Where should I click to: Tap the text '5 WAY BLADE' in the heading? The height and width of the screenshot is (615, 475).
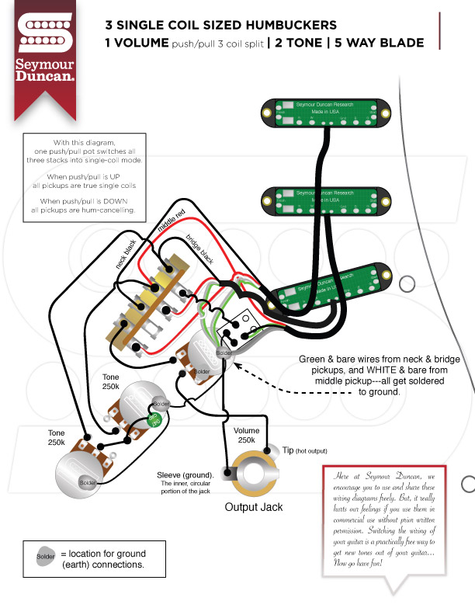380,43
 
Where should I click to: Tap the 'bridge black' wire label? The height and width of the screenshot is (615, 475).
196,247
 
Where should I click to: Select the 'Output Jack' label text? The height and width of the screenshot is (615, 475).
254,507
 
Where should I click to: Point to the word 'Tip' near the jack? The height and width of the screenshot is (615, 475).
288,450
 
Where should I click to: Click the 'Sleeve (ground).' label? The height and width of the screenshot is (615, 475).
185,474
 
